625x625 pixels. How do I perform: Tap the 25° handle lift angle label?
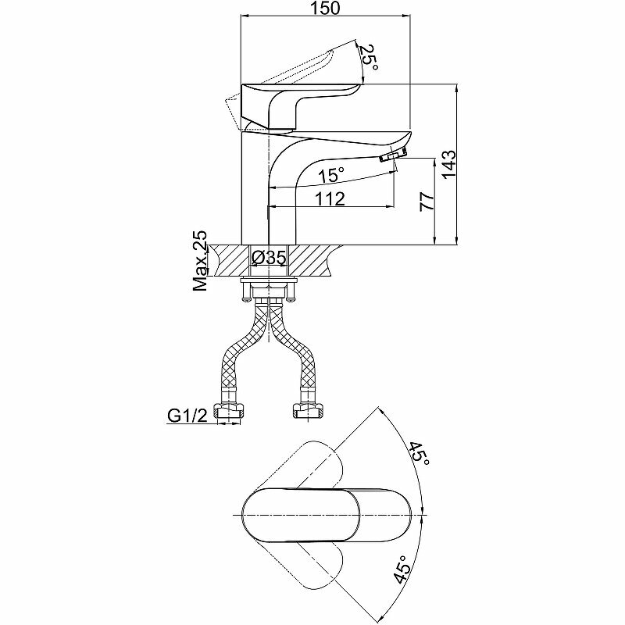coord(370,59)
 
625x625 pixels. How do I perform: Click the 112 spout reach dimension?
coord(330,198)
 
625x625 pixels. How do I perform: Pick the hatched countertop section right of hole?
coord(316,259)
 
